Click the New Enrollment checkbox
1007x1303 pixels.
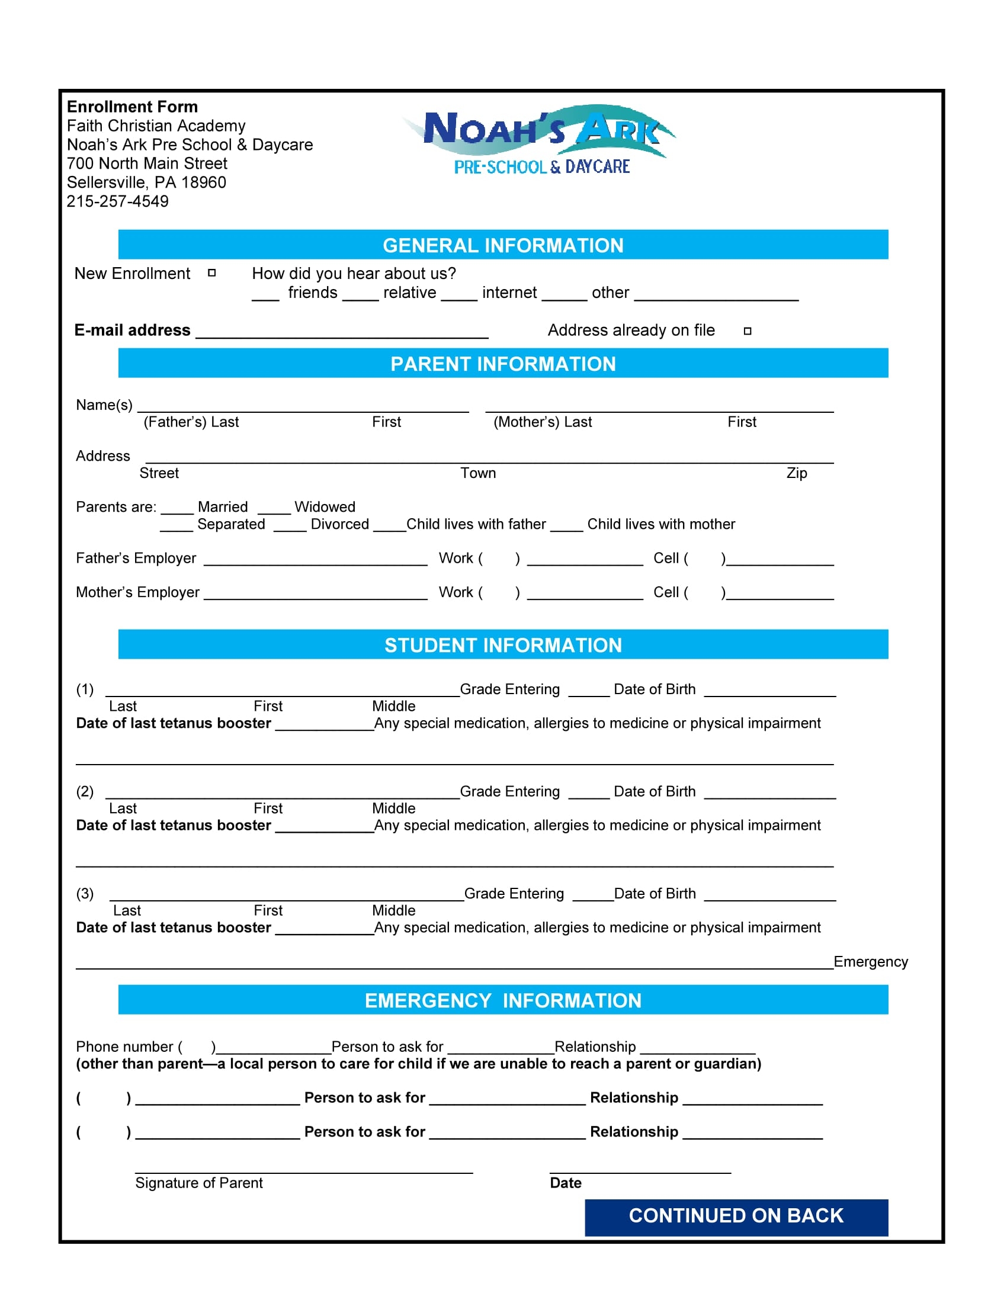pos(212,273)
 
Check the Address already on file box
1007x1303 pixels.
pos(748,331)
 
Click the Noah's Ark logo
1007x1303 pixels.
pos(540,140)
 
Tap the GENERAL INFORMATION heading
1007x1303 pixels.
pos(503,245)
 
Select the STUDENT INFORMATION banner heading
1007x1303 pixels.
pos(503,645)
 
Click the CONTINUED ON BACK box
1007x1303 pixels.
pos(736,1216)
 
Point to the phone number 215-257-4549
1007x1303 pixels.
pos(117,201)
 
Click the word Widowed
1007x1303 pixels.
pos(325,507)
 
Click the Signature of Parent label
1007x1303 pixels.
pos(198,1183)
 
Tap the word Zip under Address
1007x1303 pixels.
pos(796,473)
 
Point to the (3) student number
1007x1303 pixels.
pos(85,894)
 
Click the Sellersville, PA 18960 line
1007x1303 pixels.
pos(146,182)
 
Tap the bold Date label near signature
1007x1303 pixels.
pos(566,1183)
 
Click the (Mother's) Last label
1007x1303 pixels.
pos(542,422)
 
